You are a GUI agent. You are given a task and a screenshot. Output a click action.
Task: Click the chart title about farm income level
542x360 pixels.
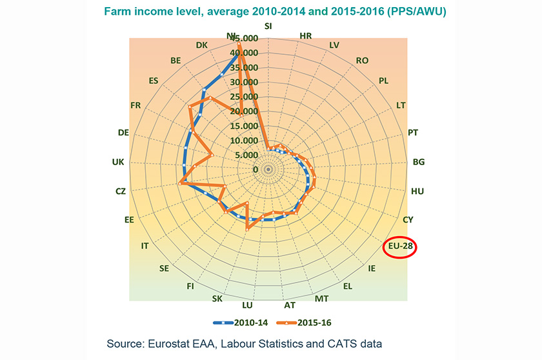point(275,12)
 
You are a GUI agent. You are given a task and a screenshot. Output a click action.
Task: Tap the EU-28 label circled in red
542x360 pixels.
point(400,246)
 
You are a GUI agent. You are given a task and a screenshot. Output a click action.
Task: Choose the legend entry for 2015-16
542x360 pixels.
point(304,323)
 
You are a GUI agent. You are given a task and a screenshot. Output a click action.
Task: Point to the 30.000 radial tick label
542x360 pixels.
point(244,82)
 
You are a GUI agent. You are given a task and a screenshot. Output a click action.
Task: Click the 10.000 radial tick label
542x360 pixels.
point(244,141)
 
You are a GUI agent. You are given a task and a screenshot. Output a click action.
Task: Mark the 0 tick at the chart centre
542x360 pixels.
point(256,170)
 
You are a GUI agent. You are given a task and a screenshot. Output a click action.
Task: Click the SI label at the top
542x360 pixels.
point(268,26)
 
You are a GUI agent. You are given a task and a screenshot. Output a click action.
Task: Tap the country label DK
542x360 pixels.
point(201,45)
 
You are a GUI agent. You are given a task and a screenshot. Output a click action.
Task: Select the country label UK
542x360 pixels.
point(118,162)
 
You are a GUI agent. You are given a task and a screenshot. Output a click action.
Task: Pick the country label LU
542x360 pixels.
point(247,305)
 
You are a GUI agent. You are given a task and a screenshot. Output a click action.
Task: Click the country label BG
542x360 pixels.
point(419,162)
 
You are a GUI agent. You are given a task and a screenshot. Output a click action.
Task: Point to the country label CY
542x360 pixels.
point(408,220)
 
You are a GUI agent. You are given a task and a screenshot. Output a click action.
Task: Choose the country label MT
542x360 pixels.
point(321,299)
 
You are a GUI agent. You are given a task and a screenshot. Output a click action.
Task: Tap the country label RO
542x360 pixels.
point(362,61)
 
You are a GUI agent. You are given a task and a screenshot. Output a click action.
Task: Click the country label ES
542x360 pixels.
point(154,81)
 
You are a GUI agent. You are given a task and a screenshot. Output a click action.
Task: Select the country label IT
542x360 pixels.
point(145,246)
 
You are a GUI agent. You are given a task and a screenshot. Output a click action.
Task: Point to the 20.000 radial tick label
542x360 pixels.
point(244,111)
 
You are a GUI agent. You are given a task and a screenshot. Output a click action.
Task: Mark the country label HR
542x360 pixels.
point(306,36)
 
